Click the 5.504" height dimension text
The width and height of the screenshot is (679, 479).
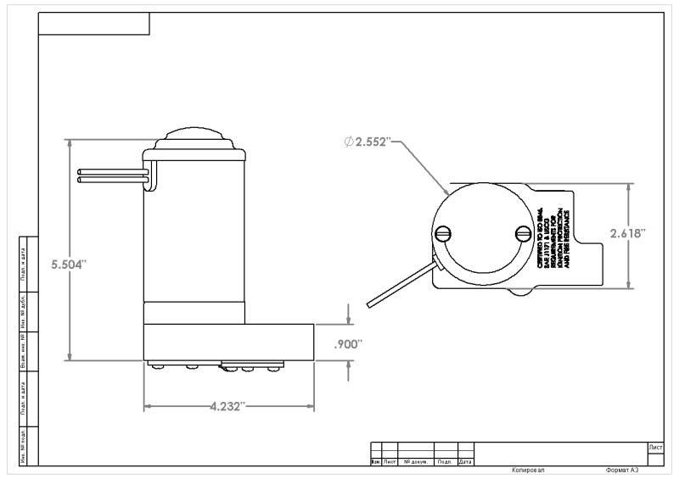(69, 265)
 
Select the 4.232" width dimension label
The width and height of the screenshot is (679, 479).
(227, 406)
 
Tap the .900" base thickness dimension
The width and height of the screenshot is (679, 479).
(348, 343)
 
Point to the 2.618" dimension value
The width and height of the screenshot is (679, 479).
(628, 233)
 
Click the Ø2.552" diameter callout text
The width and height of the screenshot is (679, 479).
(367, 142)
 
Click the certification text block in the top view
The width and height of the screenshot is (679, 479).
(553, 241)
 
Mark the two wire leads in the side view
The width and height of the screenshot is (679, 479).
(113, 175)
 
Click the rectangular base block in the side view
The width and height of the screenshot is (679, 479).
(228, 342)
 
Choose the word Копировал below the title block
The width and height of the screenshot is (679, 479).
(528, 469)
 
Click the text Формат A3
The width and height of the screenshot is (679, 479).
(621, 469)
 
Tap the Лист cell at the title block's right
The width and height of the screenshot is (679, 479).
(655, 446)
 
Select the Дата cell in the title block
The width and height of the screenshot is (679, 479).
(465, 462)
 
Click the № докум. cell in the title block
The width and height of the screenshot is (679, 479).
(416, 462)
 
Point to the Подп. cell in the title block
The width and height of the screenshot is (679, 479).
(445, 462)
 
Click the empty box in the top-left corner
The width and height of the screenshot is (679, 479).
(94, 24)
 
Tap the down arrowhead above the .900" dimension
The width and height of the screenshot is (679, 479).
(349, 320)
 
